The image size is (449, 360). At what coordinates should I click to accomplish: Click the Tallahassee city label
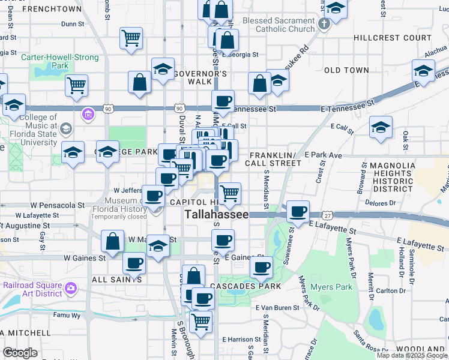216,215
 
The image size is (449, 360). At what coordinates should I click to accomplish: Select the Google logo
20,353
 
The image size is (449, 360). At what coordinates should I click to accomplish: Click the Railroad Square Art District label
32,289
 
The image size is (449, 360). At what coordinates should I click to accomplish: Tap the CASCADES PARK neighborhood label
246,286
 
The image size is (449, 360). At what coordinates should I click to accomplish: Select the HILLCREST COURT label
392,37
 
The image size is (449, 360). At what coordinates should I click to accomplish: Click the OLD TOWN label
346,70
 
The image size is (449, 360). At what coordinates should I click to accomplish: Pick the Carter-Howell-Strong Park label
52,61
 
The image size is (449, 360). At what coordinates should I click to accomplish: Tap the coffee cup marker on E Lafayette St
298,211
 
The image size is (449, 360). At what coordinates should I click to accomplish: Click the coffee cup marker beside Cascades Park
261,268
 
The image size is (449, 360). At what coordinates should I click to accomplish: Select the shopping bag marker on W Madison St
113,241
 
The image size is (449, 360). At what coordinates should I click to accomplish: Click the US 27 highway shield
327,215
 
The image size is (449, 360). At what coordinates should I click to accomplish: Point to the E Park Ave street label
323,155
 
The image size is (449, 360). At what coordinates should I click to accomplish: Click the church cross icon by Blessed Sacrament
324,25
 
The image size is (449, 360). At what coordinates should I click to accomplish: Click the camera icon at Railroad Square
71,288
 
